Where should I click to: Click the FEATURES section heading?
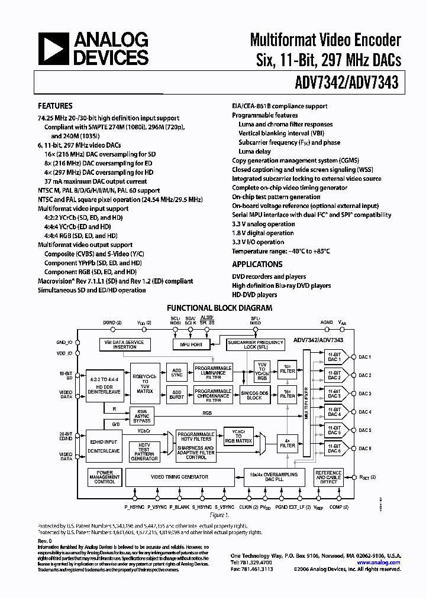pos(55,106)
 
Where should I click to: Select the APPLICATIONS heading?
pos(257,264)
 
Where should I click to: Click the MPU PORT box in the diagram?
pos(187,344)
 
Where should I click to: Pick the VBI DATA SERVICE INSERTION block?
pos(124,344)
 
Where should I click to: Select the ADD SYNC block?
pos(176,372)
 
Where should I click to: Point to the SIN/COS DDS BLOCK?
pos(254,395)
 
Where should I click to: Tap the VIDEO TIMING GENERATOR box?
pos(179,477)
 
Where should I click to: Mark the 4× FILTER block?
pos(288,442)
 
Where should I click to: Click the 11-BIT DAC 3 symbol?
pos(335,394)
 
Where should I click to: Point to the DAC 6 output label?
pos(364,449)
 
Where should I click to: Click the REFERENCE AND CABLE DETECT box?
pos(328,477)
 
